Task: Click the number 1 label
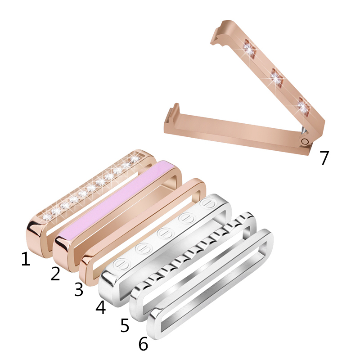(x=26, y=259)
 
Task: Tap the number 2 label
(x=55, y=274)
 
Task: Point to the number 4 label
(x=100, y=307)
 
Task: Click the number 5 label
(x=125, y=325)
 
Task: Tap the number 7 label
(x=324, y=158)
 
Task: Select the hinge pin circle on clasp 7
(x=305, y=141)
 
